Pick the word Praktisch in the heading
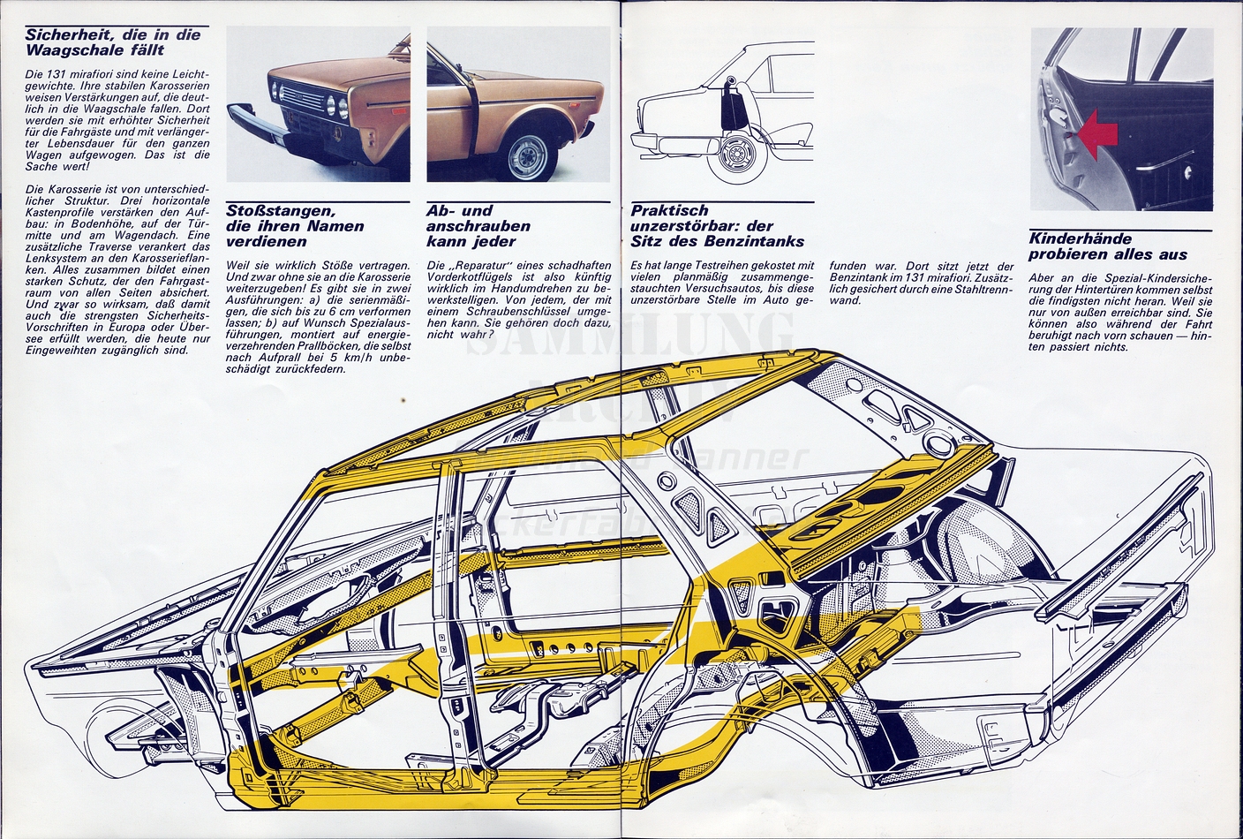(669, 211)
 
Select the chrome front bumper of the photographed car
(256, 124)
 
